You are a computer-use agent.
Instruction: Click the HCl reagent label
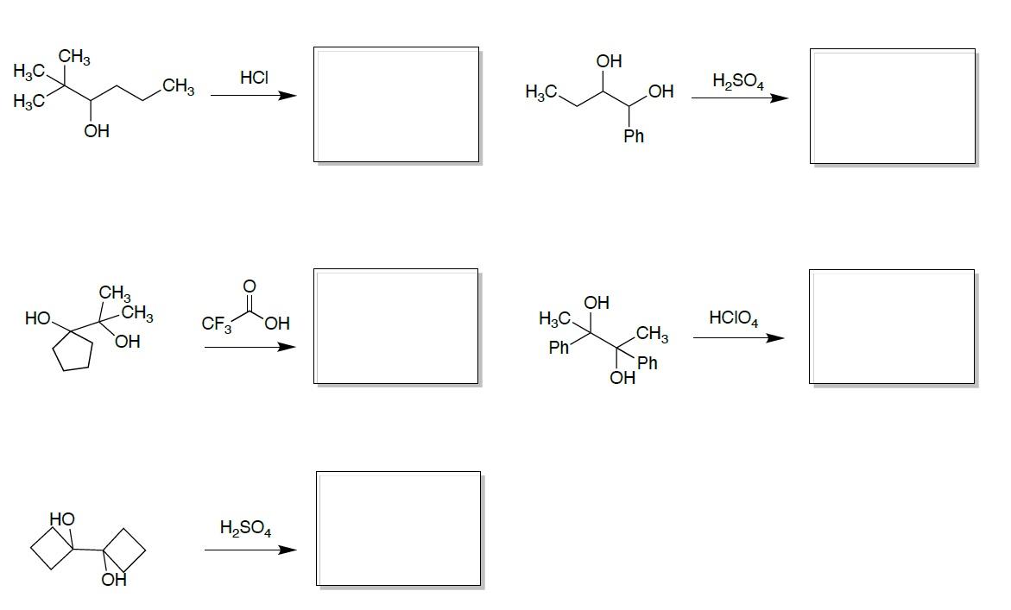(x=254, y=78)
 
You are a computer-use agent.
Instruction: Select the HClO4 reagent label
(x=733, y=318)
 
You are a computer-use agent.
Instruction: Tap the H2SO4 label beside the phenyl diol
(x=737, y=82)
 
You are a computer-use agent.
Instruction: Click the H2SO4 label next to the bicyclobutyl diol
(x=245, y=528)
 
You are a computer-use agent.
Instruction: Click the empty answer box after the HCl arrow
(x=395, y=104)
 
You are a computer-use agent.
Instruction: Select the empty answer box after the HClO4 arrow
(x=892, y=326)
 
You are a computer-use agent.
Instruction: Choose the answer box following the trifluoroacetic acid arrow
(x=395, y=326)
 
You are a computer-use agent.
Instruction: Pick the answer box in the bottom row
(x=398, y=529)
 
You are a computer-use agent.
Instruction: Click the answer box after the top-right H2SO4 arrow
(x=893, y=106)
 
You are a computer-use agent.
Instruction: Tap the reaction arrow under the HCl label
(x=253, y=95)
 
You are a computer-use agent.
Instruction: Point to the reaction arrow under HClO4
(x=738, y=337)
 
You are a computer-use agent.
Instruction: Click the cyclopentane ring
(x=73, y=350)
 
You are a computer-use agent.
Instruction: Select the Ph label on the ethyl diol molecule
(x=634, y=136)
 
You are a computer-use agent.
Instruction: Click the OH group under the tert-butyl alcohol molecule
(x=97, y=131)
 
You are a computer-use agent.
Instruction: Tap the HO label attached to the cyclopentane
(x=38, y=318)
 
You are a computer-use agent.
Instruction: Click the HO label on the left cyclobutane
(x=62, y=519)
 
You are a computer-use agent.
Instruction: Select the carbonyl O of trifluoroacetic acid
(x=250, y=286)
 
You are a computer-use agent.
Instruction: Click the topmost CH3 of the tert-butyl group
(x=74, y=58)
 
